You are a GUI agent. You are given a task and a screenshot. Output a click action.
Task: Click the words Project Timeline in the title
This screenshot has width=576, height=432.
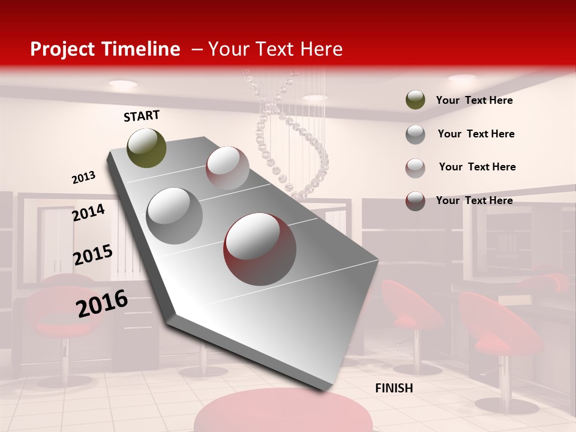(x=105, y=49)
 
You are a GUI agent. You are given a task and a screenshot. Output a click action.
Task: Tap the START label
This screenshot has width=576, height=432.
(x=142, y=116)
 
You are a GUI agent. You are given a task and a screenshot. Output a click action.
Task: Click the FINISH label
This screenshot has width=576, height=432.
(x=394, y=388)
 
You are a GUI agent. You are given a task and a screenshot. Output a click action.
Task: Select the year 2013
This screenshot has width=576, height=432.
(x=84, y=178)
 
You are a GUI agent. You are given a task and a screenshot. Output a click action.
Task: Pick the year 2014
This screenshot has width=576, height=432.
(x=89, y=212)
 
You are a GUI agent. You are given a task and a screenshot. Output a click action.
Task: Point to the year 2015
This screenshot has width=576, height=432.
(x=93, y=254)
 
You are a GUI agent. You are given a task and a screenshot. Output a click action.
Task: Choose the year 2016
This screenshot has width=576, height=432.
(x=102, y=303)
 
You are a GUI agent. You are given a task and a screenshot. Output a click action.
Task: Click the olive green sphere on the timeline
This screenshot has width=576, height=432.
(x=147, y=148)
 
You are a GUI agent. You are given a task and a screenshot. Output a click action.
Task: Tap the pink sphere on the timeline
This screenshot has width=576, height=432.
(x=227, y=168)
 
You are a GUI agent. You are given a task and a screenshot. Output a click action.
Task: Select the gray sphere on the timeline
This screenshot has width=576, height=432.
(x=175, y=215)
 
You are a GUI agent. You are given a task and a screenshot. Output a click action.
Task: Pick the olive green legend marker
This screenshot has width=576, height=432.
(x=415, y=100)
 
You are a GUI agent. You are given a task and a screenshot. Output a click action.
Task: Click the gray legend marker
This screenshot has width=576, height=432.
(x=415, y=134)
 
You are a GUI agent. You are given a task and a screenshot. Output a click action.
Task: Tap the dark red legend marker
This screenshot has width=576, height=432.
(x=415, y=201)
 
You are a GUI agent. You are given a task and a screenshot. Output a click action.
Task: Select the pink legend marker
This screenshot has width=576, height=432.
(x=415, y=167)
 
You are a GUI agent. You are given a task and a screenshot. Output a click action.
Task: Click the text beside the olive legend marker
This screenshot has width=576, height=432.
(x=474, y=100)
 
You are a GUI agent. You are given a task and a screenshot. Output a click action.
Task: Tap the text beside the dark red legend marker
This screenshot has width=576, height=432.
(x=474, y=200)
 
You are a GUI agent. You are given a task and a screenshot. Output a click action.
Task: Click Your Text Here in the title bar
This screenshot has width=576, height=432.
(x=275, y=49)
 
